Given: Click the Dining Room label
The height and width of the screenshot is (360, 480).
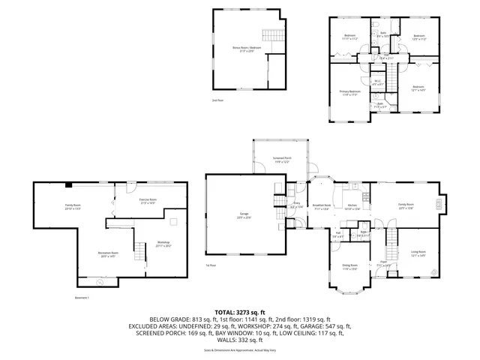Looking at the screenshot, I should (349, 267).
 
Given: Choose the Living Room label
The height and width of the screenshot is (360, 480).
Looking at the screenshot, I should (418, 253).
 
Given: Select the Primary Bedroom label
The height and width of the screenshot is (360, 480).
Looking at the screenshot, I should (349, 93).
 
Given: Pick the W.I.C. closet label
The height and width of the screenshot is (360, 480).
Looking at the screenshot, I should (378, 84).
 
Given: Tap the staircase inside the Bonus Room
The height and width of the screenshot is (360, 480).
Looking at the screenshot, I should (270, 36).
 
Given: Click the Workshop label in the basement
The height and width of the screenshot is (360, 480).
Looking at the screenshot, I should (163, 244).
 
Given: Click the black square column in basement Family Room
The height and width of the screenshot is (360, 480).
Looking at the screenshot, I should (68, 184).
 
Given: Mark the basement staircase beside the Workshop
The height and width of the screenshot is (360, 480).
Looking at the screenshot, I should (139, 253).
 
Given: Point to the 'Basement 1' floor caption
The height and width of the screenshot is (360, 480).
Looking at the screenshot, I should (82, 299).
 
